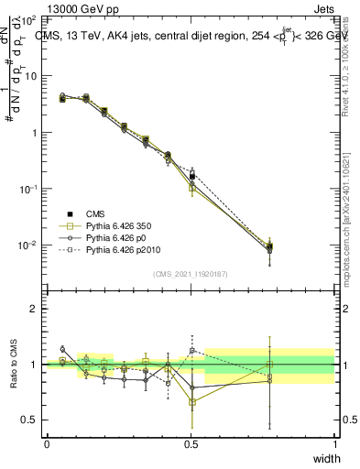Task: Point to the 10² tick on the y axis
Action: click(x=30, y=19)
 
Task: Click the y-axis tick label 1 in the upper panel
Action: click(x=37, y=133)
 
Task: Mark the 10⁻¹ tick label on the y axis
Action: click(x=30, y=189)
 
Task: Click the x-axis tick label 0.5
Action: click(x=191, y=443)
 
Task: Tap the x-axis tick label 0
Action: click(x=47, y=443)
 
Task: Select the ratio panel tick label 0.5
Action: click(x=32, y=420)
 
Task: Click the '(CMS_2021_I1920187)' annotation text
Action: click(x=191, y=274)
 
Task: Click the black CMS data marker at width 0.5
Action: click(x=191, y=176)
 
